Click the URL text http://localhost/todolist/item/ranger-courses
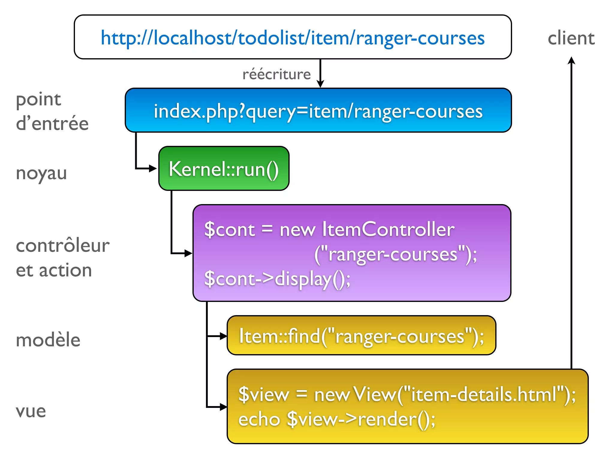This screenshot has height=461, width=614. coord(293,38)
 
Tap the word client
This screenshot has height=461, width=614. coord(571,38)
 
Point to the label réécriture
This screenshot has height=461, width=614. coord(276,74)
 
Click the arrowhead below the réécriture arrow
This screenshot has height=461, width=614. coord(320,84)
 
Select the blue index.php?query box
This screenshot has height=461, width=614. coord(318,110)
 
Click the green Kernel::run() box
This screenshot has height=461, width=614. coord(224,169)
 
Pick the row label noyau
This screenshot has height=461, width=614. coord(41,173)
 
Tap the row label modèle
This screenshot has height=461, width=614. coord(48,340)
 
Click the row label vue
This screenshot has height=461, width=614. coord(31,411)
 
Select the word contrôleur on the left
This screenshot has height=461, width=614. coord(63,246)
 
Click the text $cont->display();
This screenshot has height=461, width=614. coord(277,279)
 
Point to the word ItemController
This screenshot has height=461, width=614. coord(388,230)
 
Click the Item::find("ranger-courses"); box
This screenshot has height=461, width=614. coord(361,336)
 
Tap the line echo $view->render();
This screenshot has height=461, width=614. coord(337,419)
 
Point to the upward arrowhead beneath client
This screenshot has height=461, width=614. coord(571,60)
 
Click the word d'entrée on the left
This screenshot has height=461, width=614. coord(52,124)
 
